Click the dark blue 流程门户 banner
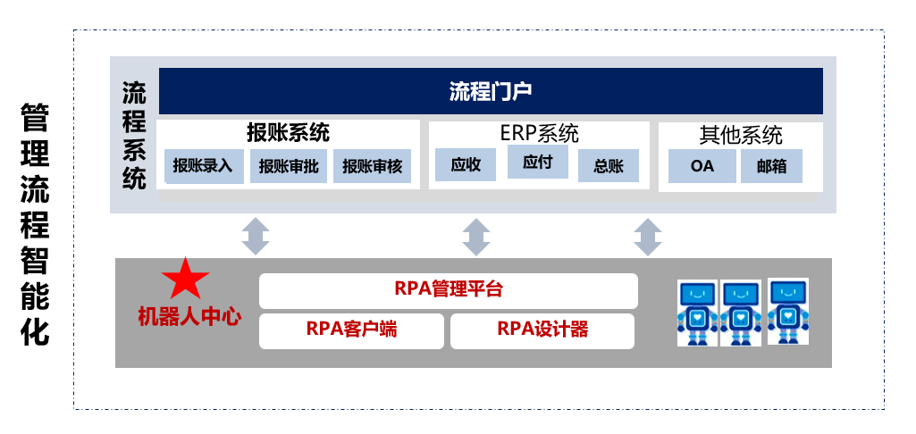pyautogui.click(x=491, y=91)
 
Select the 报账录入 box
pyautogui.click(x=203, y=166)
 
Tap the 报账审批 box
pyautogui.click(x=290, y=166)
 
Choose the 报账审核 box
pyautogui.click(x=372, y=166)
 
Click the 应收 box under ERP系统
pyautogui.click(x=466, y=164)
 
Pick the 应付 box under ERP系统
pyautogui.click(x=537, y=162)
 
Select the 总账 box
pyautogui.click(x=609, y=166)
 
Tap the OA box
pyautogui.click(x=702, y=166)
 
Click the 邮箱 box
pyautogui.click(x=772, y=166)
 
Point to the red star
pyautogui.click(x=186, y=280)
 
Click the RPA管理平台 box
pyautogui.click(x=449, y=290)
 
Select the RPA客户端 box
pyautogui.click(x=352, y=331)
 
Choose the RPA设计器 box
pyautogui.click(x=542, y=331)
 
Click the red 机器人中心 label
pyautogui.click(x=189, y=317)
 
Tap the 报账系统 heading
pyautogui.click(x=288, y=133)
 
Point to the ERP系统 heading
pyautogui.click(x=539, y=134)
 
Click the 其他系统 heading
pyautogui.click(x=741, y=136)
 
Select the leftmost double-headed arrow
pyautogui.click(x=256, y=237)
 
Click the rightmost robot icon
pyautogui.click(x=788, y=312)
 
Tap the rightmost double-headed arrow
pyautogui.click(x=648, y=237)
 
